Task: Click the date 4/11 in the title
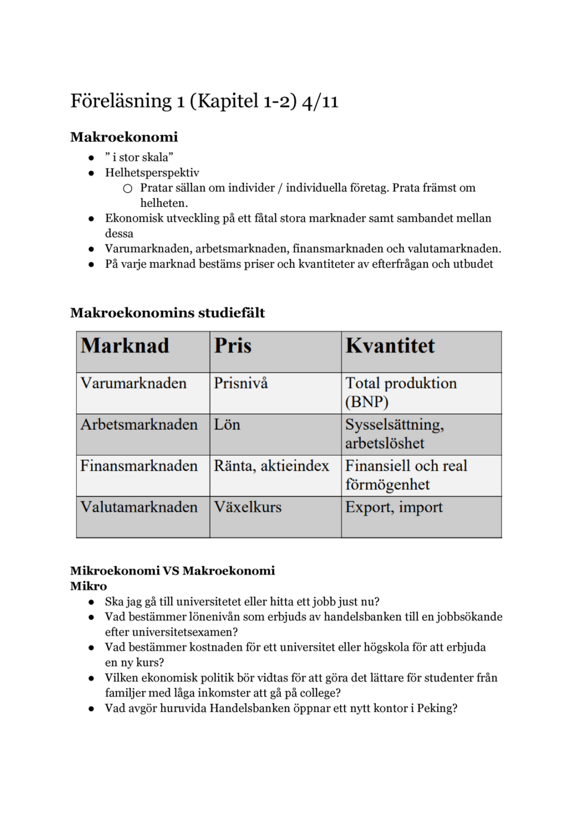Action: click(x=320, y=101)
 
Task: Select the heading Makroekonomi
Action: click(x=124, y=137)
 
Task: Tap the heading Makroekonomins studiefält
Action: click(x=167, y=313)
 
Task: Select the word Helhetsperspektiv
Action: click(x=152, y=173)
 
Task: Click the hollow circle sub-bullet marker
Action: click(x=127, y=188)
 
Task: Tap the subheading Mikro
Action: click(x=89, y=587)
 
